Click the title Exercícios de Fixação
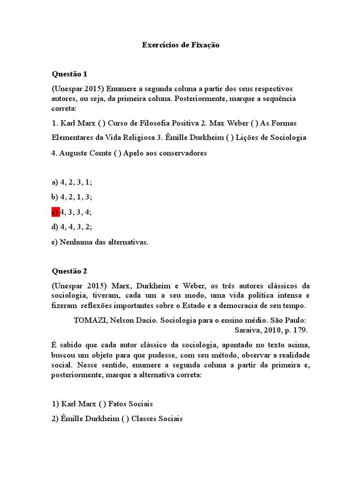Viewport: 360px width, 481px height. click(x=180, y=46)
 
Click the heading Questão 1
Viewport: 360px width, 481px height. click(x=69, y=74)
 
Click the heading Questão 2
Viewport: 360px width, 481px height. click(x=69, y=271)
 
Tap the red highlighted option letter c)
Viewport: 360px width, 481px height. click(x=55, y=212)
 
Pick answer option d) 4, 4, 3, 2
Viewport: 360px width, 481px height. click(x=72, y=227)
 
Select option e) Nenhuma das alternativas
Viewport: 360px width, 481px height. click(x=100, y=242)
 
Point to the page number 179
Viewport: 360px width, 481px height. click(x=301, y=330)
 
